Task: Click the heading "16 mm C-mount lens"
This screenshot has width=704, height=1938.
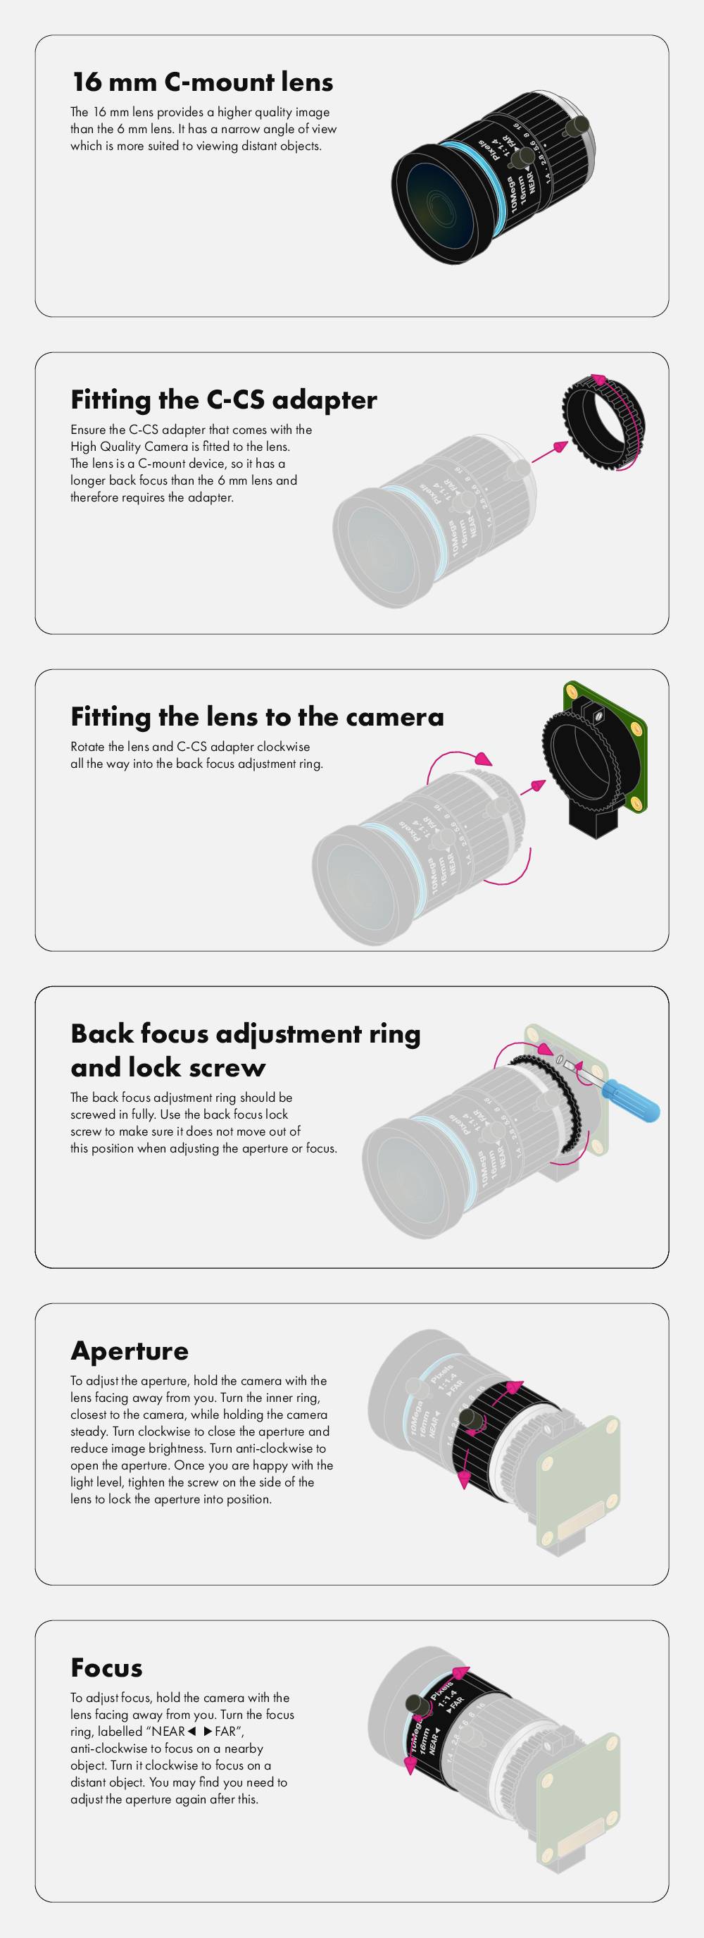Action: pos(201,82)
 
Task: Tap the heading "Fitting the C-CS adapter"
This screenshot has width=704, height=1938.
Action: pos(223,399)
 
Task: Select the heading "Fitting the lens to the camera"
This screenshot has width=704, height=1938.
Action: pos(256,717)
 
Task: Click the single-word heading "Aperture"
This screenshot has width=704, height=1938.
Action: pos(130,1350)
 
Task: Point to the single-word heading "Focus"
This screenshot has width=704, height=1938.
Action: pos(106,1667)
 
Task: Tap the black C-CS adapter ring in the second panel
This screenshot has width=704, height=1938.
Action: pos(604,423)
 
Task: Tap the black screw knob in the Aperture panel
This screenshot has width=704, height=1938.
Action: pos(472,1419)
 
